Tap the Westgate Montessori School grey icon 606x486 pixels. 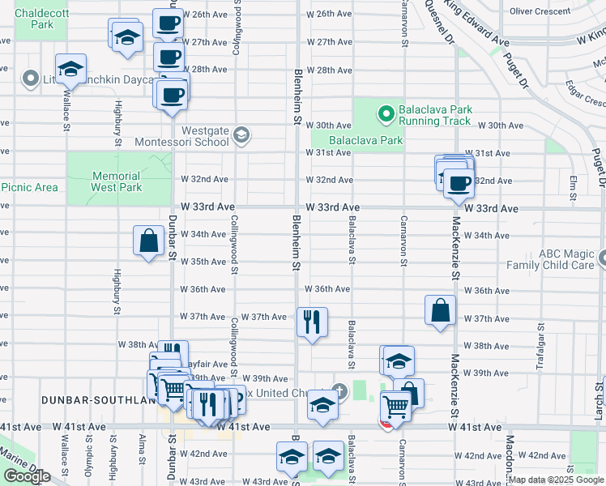(241, 133)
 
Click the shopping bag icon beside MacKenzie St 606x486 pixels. (440, 310)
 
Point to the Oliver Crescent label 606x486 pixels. (540, 11)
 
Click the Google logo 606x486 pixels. (27, 476)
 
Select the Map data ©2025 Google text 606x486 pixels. (556, 480)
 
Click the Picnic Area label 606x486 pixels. (29, 187)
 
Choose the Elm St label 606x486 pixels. (574, 188)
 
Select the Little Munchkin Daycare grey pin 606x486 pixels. (32, 79)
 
